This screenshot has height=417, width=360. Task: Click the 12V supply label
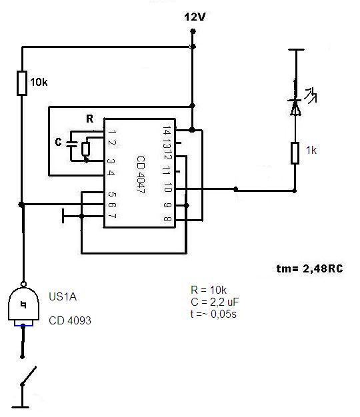195,17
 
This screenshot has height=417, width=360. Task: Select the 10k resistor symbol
22,83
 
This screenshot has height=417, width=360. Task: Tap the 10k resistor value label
39,82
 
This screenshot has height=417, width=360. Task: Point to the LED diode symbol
295,107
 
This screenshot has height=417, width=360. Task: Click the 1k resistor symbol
295,153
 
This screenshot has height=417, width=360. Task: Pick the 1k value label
311,151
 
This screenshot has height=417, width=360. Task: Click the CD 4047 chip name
141,174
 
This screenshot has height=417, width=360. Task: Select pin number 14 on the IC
167,131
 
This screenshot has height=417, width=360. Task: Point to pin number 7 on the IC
112,216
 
